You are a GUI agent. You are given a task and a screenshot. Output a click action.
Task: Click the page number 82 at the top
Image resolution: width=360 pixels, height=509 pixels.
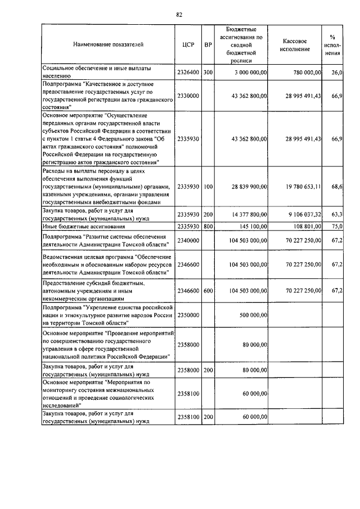pos(179,14)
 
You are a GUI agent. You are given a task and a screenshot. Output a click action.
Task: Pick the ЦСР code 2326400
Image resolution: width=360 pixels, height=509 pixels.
pos(188,73)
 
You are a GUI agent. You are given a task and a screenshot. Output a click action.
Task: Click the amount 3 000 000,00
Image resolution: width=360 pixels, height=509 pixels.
pos(247,73)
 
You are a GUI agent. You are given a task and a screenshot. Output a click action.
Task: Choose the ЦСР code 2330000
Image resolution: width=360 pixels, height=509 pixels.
pos(188,96)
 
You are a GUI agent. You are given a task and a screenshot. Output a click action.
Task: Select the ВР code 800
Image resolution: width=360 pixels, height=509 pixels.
pos(208,226)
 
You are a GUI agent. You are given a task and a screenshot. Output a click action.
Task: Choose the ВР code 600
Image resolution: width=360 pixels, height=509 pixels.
pos(208,291)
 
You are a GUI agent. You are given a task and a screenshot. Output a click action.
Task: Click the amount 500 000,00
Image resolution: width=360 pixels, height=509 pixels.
pos(251,316)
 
